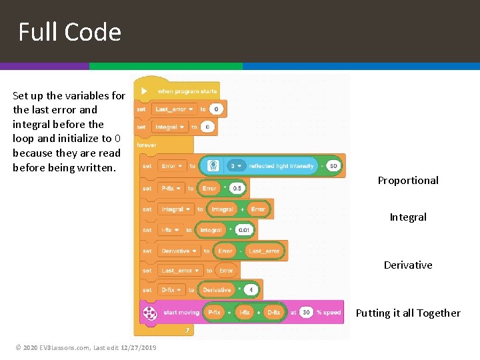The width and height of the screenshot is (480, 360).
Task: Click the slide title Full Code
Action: point(69,32)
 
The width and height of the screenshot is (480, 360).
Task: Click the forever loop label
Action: point(147,144)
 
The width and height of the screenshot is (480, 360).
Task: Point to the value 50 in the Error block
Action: point(333,165)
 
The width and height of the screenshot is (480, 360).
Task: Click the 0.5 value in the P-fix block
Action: point(237,188)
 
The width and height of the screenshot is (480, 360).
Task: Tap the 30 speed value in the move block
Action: point(306,311)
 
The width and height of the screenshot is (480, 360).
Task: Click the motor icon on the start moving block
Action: point(150,312)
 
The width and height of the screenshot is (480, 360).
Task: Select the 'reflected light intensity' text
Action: point(281,165)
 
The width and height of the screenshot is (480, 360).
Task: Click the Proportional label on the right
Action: point(408,180)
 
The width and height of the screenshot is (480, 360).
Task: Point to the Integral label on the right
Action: point(408,217)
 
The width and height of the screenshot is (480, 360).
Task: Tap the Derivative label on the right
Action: point(408,265)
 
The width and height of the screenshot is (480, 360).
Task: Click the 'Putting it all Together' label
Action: point(408,313)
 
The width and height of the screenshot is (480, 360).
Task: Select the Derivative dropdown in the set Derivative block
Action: point(179,251)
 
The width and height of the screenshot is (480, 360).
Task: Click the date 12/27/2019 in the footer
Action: point(139,347)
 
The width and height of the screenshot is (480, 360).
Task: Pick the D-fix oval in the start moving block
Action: point(273,311)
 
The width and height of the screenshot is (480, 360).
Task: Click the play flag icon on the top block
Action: point(145,91)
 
